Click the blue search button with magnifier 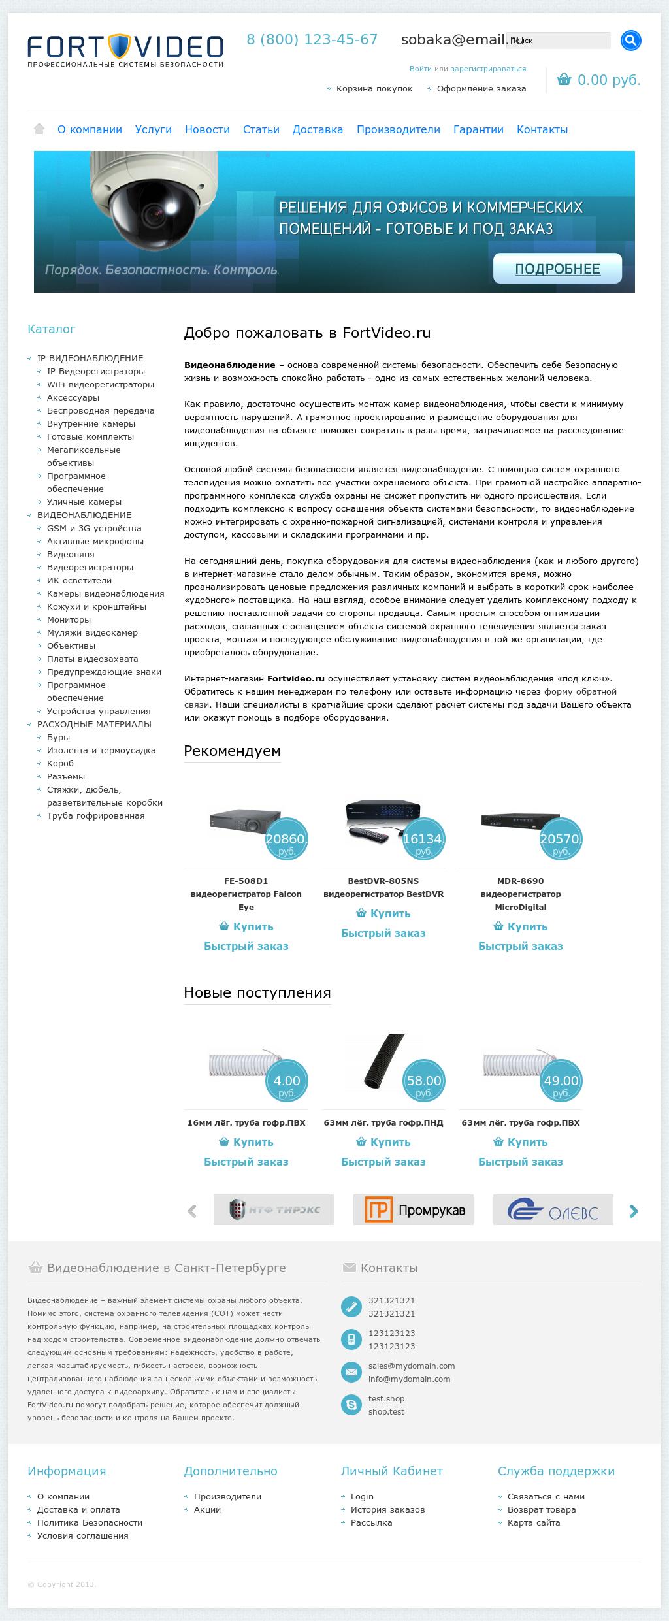[x=630, y=41]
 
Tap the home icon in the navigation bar [x=39, y=129]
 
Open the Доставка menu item [x=318, y=130]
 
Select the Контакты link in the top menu [x=542, y=130]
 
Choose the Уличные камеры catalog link [x=84, y=502]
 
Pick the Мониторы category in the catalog [x=69, y=620]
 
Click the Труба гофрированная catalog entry [x=95, y=816]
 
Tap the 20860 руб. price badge [x=286, y=840]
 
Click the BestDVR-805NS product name [x=383, y=881]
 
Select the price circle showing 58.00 [x=424, y=1081]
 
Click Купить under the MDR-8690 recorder [x=521, y=927]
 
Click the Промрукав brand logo [x=414, y=1210]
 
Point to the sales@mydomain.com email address [x=412, y=1366]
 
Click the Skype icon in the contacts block [x=351, y=1405]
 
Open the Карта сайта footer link [x=534, y=1523]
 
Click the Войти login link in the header [x=420, y=69]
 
